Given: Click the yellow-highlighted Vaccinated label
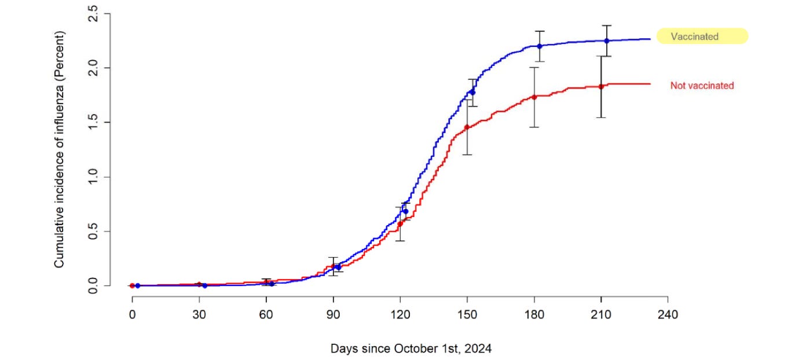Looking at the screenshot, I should click(702, 36).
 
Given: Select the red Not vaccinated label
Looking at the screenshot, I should click(702, 86).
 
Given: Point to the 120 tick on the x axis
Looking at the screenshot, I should click(400, 315).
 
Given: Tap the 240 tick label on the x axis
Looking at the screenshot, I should click(668, 315).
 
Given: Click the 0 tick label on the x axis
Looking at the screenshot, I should click(132, 315).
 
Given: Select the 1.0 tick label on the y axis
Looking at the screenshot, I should click(93, 177).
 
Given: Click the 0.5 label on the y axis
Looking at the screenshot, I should click(93, 231).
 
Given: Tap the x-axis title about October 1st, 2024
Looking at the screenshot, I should click(411, 349).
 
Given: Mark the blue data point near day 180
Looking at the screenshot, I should click(539, 46).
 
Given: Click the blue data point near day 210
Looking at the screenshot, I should click(607, 41).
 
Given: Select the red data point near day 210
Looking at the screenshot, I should click(601, 87).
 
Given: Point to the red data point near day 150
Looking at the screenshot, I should click(467, 127).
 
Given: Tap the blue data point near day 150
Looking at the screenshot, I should click(472, 93).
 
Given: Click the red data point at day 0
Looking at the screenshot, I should click(132, 285).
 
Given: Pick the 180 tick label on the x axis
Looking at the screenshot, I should click(534, 315).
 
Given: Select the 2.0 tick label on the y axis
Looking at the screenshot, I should click(93, 68).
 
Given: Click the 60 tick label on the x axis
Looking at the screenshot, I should click(266, 315).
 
